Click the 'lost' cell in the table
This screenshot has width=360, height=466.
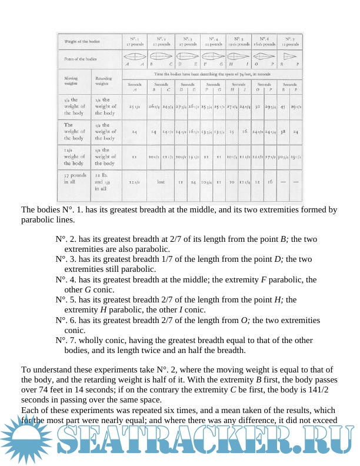[161, 182]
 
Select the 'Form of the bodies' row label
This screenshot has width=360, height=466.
[81, 59]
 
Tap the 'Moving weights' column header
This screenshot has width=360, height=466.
[71, 81]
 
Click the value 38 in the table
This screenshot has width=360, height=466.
[284, 132]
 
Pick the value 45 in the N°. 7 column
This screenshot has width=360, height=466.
[283, 106]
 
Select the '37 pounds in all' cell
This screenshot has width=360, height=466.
[73, 179]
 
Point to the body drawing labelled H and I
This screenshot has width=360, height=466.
[239, 58]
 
